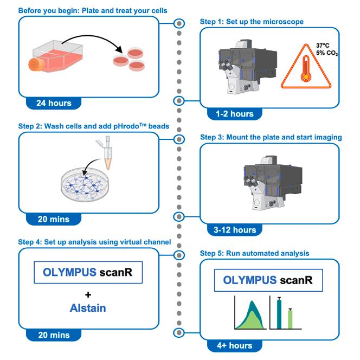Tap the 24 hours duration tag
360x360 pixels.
point(54,102)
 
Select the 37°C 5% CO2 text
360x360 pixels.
point(326,49)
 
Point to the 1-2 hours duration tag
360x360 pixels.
point(234,114)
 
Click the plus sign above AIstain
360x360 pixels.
point(87,294)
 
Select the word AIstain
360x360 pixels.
point(87,307)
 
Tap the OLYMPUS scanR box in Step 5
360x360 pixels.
point(268,282)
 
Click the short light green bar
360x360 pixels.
point(290,318)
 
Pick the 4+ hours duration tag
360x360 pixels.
point(234,345)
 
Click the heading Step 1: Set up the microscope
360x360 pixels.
point(252,22)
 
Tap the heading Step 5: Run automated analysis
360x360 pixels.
point(254,253)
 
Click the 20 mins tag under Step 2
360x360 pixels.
point(54,219)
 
